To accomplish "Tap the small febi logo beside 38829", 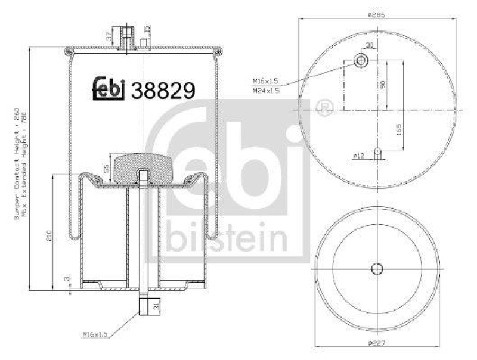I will (109, 89).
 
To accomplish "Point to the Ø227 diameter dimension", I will (376, 343).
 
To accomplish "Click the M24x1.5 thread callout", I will (266, 91).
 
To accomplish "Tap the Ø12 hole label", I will (359, 156).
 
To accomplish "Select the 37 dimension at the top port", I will (108, 37).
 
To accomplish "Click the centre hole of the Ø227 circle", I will (376, 269).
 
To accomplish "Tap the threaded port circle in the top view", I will (361, 60).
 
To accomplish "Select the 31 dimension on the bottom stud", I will (156, 307).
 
